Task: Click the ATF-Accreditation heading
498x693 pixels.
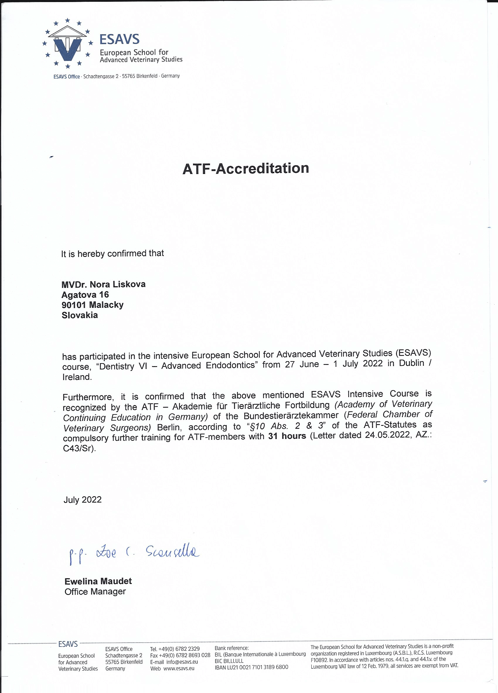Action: [246, 169]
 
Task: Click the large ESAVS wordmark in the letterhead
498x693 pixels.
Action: [120, 39]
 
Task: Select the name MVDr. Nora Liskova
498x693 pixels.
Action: [103, 284]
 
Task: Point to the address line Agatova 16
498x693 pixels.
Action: [85, 295]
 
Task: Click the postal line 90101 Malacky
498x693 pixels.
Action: [92, 305]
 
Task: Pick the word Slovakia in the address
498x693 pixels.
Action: [79, 315]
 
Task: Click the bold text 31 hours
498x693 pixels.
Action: [287, 436]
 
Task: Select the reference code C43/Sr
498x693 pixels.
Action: [79, 448]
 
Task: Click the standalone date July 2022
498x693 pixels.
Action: [83, 500]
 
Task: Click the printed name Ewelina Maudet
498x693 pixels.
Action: [98, 581]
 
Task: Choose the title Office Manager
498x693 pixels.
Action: [95, 592]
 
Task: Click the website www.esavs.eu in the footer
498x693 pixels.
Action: [179, 669]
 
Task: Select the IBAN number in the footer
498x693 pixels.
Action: [251, 667]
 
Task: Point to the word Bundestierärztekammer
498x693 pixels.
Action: [291, 416]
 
